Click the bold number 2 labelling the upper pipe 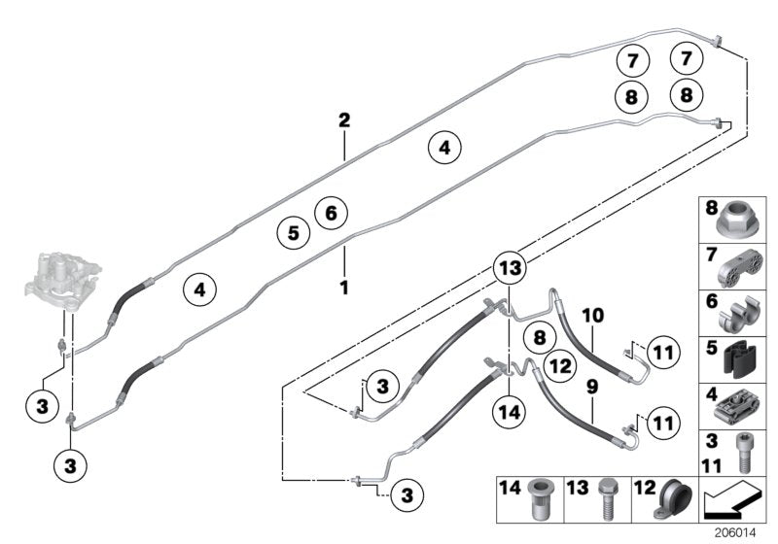(x=343, y=120)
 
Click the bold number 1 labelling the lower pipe (x=343, y=287)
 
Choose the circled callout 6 (x=331, y=211)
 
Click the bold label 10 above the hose (x=593, y=316)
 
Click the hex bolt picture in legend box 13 (x=607, y=497)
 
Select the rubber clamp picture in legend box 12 (x=673, y=497)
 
